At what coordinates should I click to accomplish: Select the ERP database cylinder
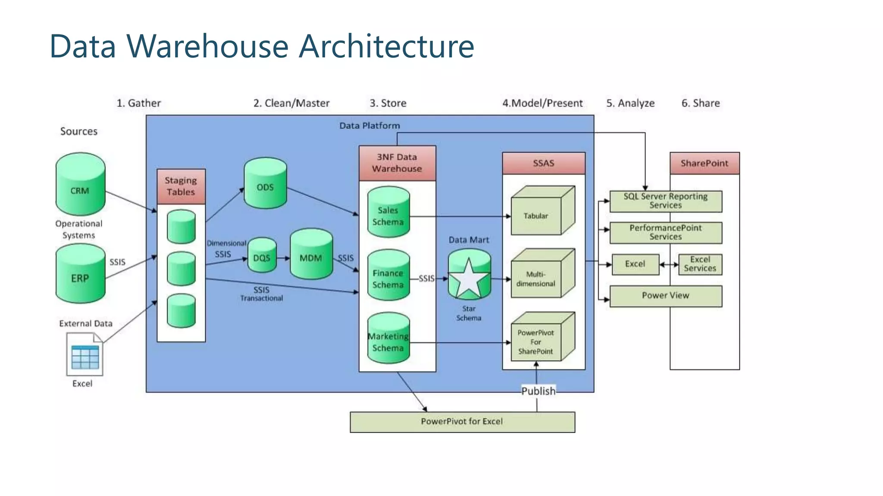pyautogui.click(x=80, y=274)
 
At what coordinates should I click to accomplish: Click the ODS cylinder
pyautogui.click(x=265, y=184)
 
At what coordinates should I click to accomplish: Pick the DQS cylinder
pyautogui.click(x=262, y=255)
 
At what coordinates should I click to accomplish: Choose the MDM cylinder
pyautogui.click(x=311, y=254)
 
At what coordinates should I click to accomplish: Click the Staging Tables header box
pyautogui.click(x=181, y=186)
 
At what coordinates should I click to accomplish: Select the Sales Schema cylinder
pyautogui.click(x=388, y=213)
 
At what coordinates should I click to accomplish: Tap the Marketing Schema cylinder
pyautogui.click(x=388, y=339)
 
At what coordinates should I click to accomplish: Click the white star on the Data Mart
pyautogui.click(x=469, y=279)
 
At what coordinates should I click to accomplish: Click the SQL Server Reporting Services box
pyautogui.click(x=665, y=201)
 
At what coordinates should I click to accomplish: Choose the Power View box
pyautogui.click(x=665, y=296)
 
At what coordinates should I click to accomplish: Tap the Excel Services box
pyautogui.click(x=700, y=264)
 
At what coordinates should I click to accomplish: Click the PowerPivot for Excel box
pyautogui.click(x=462, y=422)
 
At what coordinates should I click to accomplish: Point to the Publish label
pyautogui.click(x=538, y=391)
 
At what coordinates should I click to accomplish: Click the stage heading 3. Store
pyautogui.click(x=388, y=103)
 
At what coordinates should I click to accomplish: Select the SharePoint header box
pyautogui.click(x=704, y=163)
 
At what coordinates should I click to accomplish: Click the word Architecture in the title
pyautogui.click(x=386, y=46)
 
